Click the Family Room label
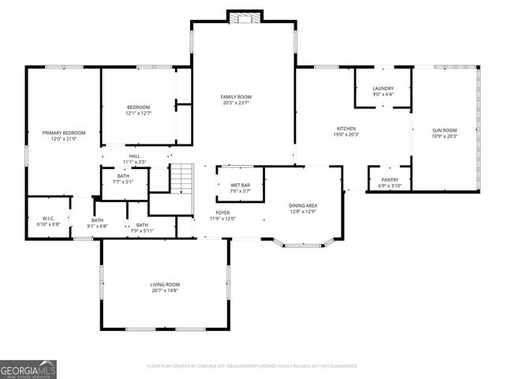coord(236,96)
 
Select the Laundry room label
coord(383,89)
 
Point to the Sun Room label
coord(445,129)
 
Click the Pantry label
coord(391,180)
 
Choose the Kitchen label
coord(346,128)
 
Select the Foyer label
coord(223,212)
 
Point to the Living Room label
coord(166,284)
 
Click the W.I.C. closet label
coord(49,219)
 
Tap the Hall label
coord(135,156)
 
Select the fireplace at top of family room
coord(243,16)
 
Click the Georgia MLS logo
coord(28,369)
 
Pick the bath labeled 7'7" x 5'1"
coord(123,178)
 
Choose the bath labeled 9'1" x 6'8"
coord(99,223)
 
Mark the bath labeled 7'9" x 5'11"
coord(142,227)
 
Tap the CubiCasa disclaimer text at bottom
coord(252,366)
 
